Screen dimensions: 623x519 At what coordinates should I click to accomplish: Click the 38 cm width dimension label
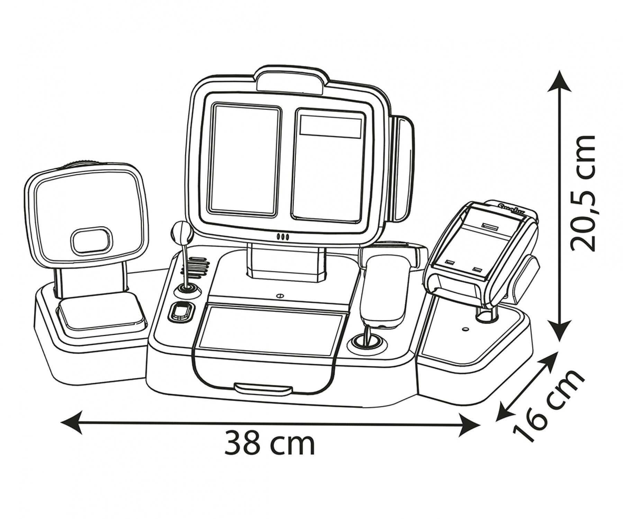270,443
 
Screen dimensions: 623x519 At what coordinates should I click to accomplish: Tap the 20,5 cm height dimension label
583,193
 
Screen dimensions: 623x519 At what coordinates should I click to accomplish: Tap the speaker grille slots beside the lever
196,266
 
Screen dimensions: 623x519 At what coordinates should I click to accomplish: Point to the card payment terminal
481,251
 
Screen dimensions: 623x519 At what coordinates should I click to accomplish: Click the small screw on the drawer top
279,296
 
